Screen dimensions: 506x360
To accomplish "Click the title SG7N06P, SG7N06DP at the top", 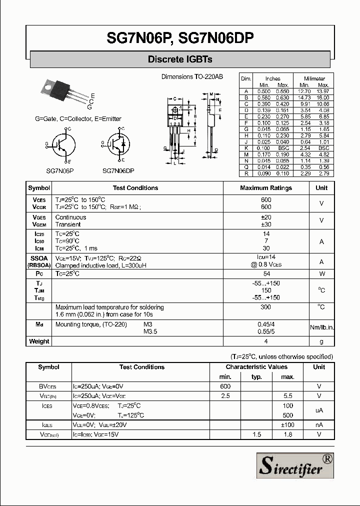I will [x=180, y=38].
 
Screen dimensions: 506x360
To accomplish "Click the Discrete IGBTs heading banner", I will [x=180, y=59].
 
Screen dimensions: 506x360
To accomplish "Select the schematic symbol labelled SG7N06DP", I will [x=119, y=145].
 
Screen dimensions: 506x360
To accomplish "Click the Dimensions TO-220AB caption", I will [x=192, y=76].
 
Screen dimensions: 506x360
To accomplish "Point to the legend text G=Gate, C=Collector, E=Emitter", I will [x=78, y=119].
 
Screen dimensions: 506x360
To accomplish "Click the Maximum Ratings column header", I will [x=266, y=188].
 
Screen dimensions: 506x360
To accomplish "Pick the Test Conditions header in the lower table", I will [x=142, y=367].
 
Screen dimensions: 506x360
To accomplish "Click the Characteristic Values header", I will [x=256, y=367].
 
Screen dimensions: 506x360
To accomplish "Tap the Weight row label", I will [x=39, y=341].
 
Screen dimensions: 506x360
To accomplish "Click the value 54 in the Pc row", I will [x=266, y=274].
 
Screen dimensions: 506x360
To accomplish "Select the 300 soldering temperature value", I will [x=266, y=307].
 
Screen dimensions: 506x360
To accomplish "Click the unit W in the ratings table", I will [x=322, y=274].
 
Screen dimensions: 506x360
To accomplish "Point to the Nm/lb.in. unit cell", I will [x=322, y=327].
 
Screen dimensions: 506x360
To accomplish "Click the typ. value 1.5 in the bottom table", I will [x=256, y=434].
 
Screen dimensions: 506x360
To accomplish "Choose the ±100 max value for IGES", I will [x=287, y=424].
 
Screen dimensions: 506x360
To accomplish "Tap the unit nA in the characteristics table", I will [x=319, y=424].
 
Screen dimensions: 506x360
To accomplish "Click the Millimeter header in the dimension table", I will [x=314, y=78].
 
